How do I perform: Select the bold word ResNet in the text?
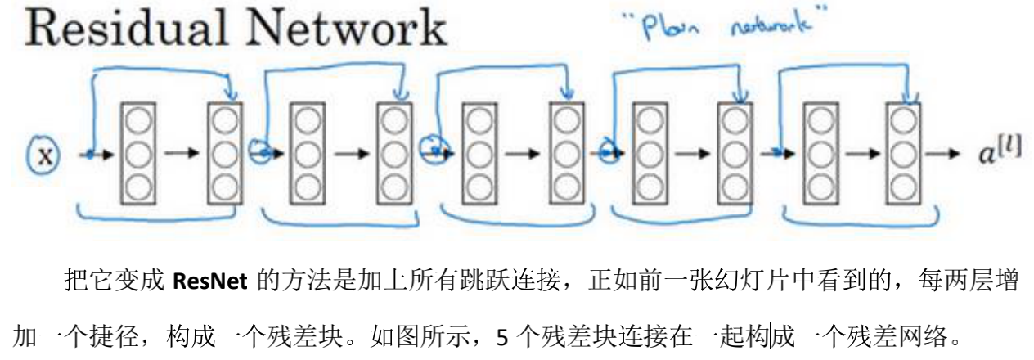pyautogui.click(x=209, y=283)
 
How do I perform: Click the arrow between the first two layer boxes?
pyautogui.click(x=180, y=154)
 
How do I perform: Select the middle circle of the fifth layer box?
pyautogui.click(x=480, y=153)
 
